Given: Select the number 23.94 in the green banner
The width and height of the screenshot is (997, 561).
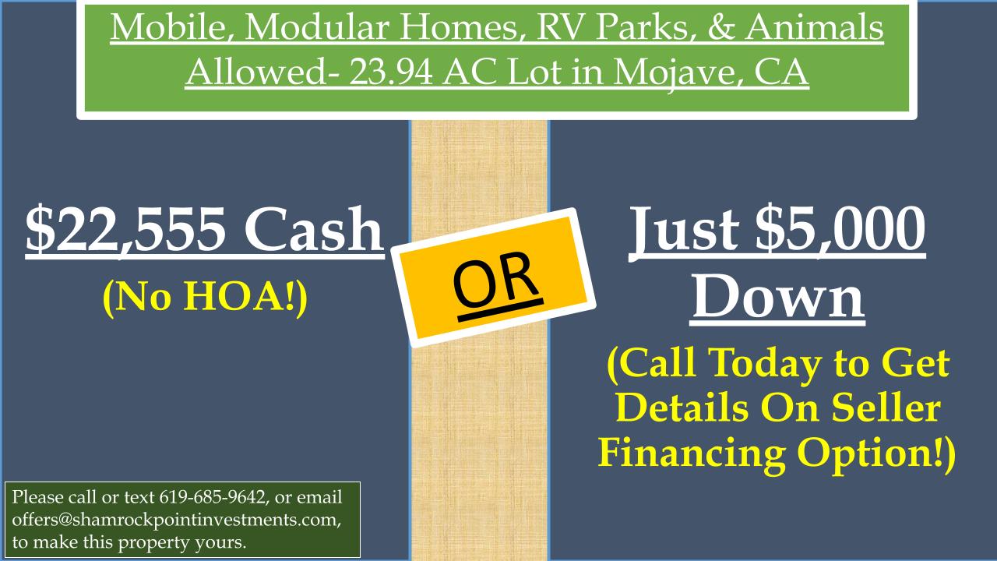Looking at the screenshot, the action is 390,72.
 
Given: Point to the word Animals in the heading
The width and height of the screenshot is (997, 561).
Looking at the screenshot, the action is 815,27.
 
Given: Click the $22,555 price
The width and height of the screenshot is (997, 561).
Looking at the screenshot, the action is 125,230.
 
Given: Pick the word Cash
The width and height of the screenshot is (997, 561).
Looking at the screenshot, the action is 314,229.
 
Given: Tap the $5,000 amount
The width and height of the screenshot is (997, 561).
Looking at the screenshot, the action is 840,230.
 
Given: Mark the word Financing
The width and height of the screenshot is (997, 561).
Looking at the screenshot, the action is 692,454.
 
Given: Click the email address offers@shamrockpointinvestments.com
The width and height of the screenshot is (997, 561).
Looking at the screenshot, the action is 176,520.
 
